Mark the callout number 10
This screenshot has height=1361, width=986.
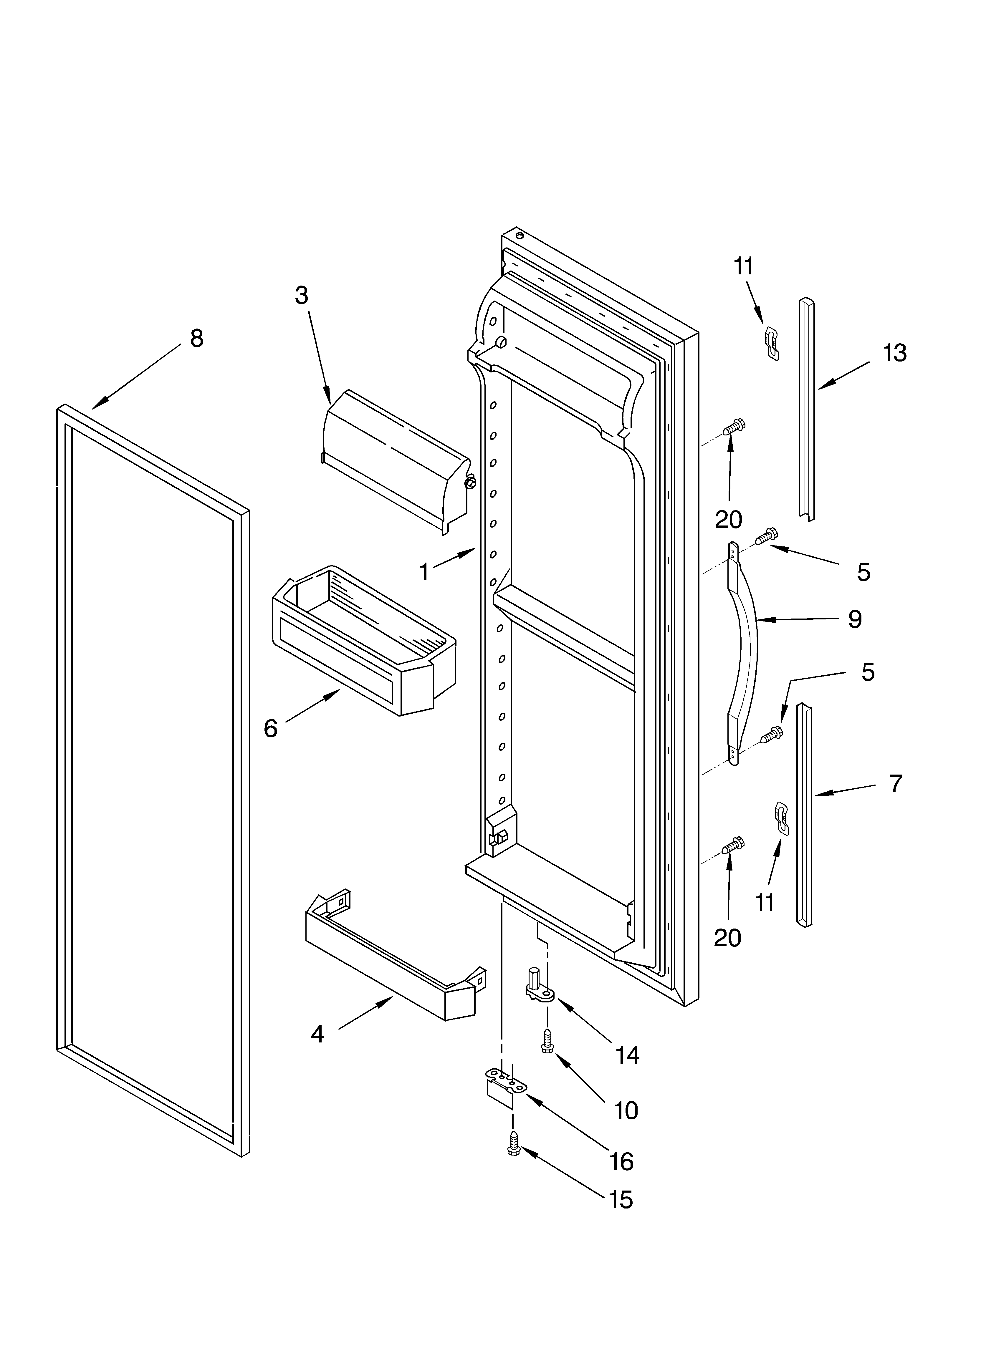coord(626,1110)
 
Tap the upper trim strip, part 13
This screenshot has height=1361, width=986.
coord(806,408)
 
